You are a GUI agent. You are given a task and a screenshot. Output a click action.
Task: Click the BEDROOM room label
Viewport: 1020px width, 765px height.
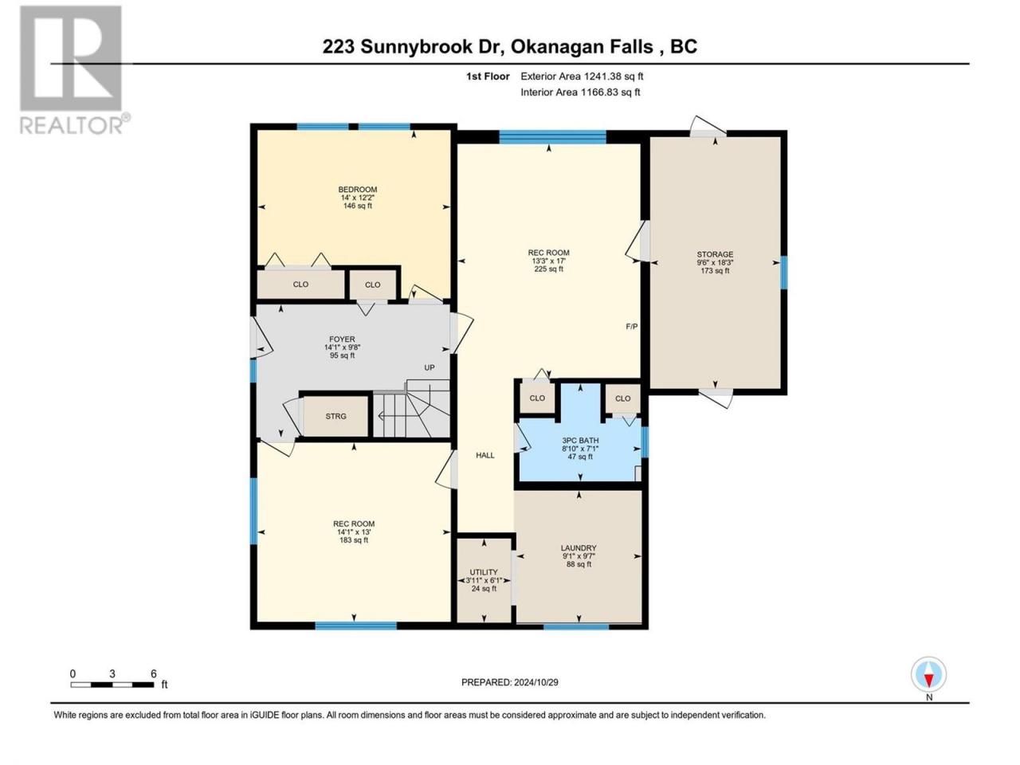(357, 190)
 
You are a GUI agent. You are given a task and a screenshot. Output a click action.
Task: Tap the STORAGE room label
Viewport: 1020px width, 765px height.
(715, 254)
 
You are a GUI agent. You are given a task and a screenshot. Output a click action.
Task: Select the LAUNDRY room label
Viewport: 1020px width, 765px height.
(579, 548)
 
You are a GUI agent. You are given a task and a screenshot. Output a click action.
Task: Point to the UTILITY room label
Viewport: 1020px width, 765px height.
(484, 572)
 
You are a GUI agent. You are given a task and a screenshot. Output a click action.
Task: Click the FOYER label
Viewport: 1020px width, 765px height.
(342, 339)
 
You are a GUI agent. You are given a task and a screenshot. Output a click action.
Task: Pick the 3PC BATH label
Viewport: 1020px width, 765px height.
(580, 441)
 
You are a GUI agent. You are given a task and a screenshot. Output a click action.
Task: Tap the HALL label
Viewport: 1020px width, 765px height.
(485, 455)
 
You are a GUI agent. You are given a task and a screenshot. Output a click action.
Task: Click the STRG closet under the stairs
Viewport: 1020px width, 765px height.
(335, 416)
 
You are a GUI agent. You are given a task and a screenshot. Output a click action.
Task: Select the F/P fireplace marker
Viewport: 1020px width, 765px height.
(631, 327)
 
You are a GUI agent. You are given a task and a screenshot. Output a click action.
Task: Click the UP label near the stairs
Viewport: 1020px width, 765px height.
(430, 367)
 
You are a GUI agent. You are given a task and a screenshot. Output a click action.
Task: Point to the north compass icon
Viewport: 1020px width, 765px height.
(928, 675)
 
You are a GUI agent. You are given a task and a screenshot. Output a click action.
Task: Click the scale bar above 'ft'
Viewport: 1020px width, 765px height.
(112, 685)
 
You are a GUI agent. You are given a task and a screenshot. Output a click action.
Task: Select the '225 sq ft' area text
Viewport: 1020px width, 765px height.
(549, 269)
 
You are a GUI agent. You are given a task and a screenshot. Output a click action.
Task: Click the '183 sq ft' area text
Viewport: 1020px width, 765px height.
(354, 540)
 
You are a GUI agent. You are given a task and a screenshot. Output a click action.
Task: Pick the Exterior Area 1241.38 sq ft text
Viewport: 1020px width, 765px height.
(582, 76)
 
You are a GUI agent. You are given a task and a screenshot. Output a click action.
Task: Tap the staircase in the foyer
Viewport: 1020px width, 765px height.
(412, 408)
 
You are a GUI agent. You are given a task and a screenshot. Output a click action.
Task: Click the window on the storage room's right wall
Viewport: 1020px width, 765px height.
(784, 273)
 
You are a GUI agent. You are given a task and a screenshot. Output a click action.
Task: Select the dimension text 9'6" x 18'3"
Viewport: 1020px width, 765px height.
(715, 262)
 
